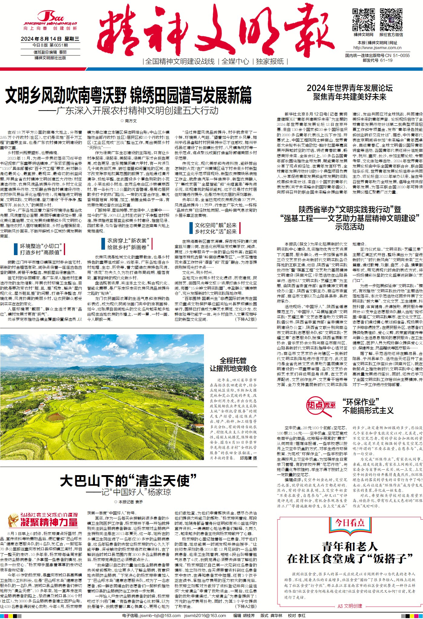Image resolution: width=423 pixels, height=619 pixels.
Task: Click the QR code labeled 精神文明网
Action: pyautogui.click(x=363, y=20)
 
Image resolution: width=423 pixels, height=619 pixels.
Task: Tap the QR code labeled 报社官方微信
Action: pyautogui.click(x=391, y=20)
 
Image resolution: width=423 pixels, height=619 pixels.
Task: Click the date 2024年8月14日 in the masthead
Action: pyautogui.click(x=41, y=39)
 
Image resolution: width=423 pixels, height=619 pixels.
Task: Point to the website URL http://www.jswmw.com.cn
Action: pyautogui.click(x=377, y=48)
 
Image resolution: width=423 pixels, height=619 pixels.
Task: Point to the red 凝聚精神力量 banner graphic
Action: pyautogui.click(x=43, y=520)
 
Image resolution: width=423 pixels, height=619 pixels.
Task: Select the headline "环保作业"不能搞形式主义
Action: pyautogui.click(x=368, y=406)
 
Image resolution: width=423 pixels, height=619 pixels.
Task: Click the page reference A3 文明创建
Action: pyautogui.click(x=349, y=606)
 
